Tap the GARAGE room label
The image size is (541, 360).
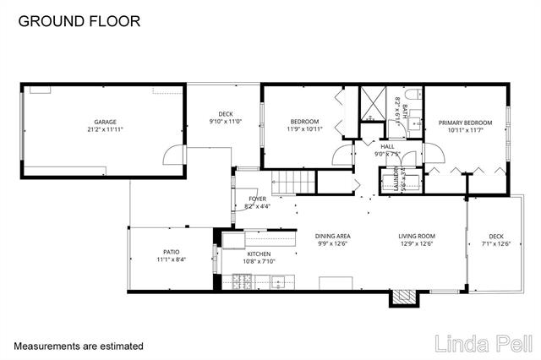pos(104,122)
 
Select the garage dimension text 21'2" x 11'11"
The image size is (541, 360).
pos(104,129)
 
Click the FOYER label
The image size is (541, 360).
pos(257,199)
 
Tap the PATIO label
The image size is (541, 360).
pos(171,252)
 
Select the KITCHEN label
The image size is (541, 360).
pos(258,254)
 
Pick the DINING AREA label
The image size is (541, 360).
pos(333,236)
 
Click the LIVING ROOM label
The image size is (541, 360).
pos(417,236)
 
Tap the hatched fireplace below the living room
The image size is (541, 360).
pos(404,297)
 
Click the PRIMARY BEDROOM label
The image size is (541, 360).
pos(465,123)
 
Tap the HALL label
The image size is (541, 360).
pos(388,145)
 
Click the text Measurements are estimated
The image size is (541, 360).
pos(79,346)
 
